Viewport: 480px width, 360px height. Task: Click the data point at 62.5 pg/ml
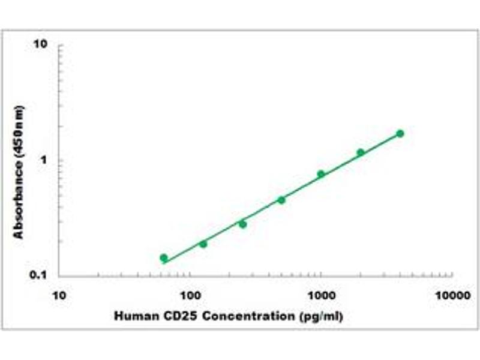pyautogui.click(x=164, y=258)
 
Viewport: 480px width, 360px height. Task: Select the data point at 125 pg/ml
pyautogui.click(x=203, y=244)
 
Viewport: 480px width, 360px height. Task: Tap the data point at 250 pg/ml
pyautogui.click(x=243, y=224)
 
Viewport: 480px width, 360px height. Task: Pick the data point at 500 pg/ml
pyautogui.click(x=281, y=200)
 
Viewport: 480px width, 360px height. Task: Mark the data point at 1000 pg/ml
pyautogui.click(x=321, y=174)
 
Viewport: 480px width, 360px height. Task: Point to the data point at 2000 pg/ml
pyautogui.click(x=361, y=152)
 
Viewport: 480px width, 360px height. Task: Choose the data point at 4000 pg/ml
pyautogui.click(x=400, y=133)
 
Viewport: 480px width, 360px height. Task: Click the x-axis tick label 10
pyautogui.click(x=59, y=296)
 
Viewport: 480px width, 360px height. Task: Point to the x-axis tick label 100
pyautogui.click(x=190, y=296)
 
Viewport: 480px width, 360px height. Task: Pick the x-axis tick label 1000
pyautogui.click(x=322, y=296)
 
